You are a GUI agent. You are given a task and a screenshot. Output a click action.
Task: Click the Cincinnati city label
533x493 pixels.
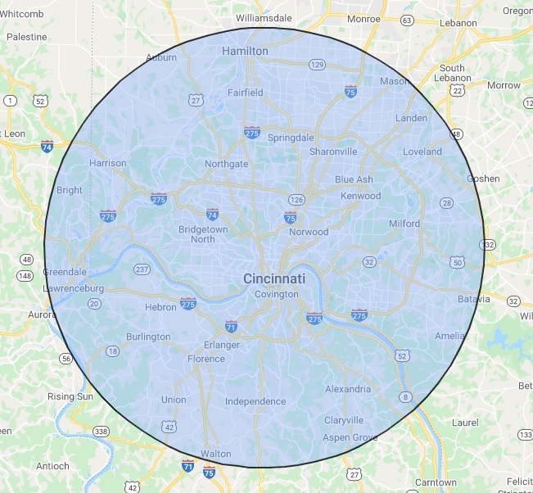(273, 279)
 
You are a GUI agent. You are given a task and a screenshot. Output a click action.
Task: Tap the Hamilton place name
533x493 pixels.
(245, 51)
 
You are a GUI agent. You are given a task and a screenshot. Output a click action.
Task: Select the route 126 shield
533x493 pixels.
(296, 200)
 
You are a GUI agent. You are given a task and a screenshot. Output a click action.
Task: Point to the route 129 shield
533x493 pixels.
(317, 64)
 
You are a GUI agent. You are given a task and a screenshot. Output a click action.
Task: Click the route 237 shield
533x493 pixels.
(142, 269)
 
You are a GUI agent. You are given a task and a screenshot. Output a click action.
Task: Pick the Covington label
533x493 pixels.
(276, 294)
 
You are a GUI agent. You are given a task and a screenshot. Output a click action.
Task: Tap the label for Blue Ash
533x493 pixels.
(354, 179)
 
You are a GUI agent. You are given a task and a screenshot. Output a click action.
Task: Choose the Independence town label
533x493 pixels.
(255, 401)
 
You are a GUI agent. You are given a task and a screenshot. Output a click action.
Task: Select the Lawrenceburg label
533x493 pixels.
(73, 288)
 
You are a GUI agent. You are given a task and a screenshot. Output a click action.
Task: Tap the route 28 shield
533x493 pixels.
(446, 202)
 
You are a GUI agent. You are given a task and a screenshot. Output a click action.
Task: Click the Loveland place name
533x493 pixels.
(422, 152)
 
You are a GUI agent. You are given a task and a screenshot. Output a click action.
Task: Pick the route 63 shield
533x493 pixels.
(407, 20)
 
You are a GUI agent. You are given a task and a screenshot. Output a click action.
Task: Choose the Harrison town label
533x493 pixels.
(108, 163)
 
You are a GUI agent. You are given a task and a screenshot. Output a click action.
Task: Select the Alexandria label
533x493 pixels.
(348, 389)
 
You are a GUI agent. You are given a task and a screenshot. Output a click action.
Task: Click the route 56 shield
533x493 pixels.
(65, 359)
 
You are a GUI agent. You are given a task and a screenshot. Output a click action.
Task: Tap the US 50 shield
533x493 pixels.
(457, 261)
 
